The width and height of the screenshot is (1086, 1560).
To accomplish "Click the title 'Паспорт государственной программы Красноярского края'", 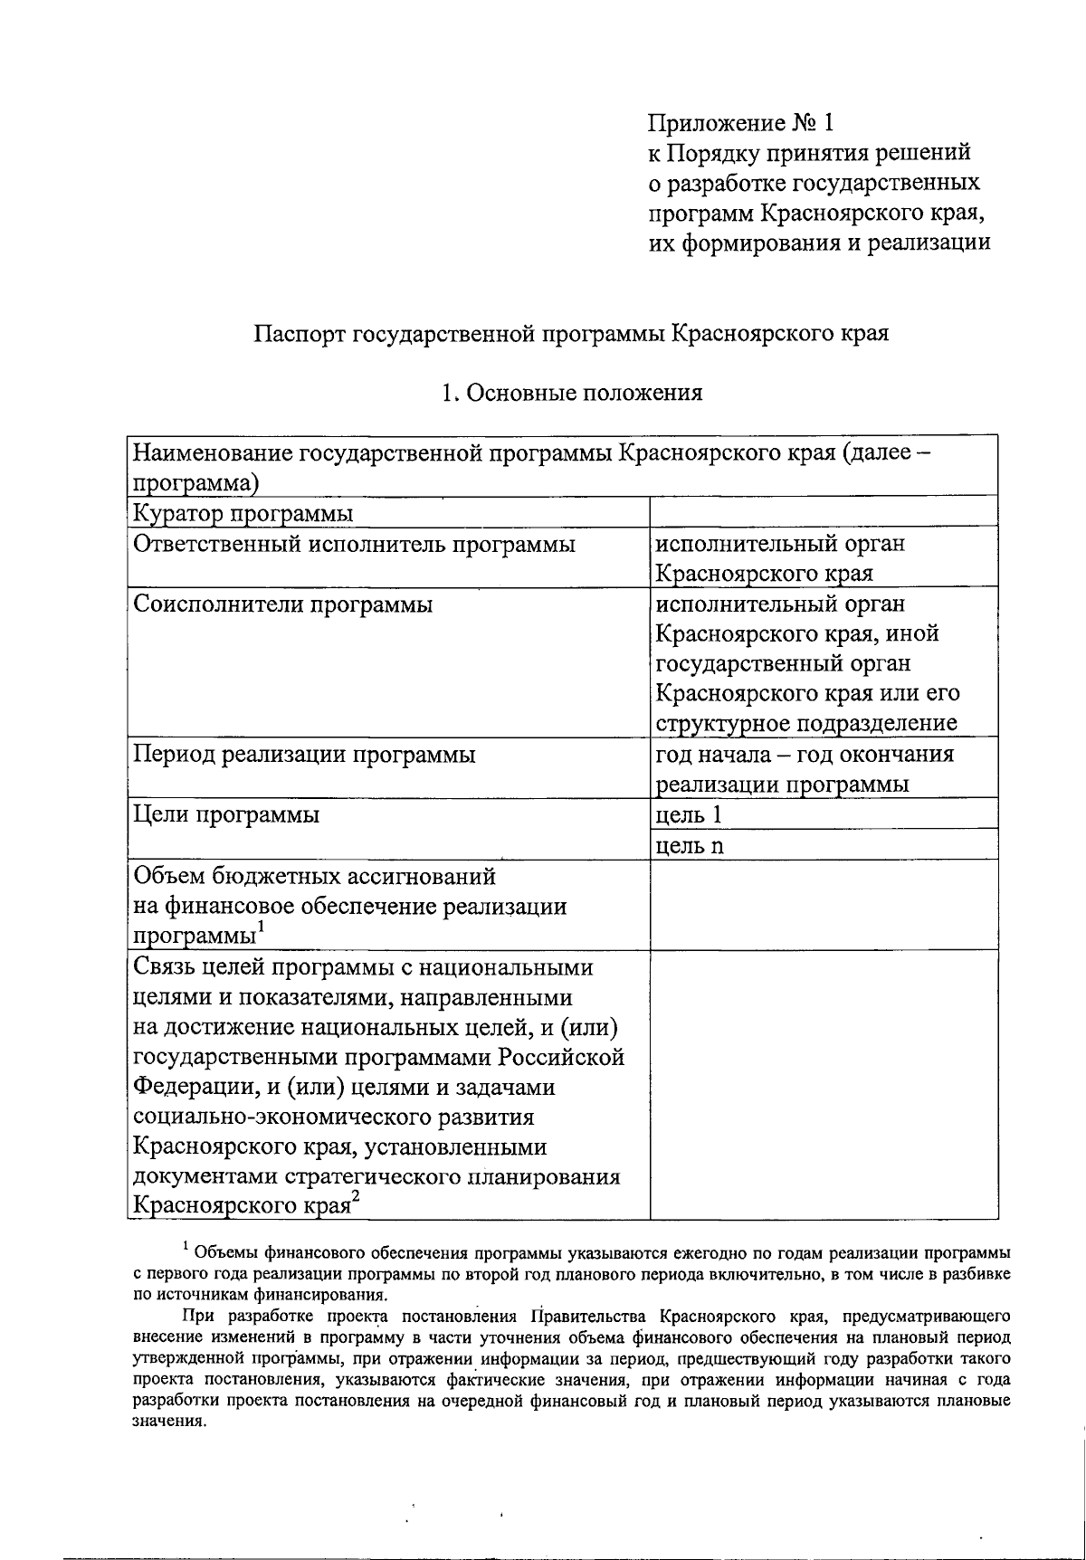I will point(571,333).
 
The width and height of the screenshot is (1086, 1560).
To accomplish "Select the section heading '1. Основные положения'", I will point(571,393).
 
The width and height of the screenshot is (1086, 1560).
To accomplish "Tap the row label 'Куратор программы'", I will point(243,514).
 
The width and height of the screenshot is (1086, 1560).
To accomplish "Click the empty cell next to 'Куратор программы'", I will point(824,512).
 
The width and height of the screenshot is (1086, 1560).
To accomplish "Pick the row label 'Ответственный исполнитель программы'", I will point(354,544).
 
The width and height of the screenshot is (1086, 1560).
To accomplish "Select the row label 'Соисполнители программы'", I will point(282,604).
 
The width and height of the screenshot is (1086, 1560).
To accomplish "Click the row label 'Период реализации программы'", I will point(304,755).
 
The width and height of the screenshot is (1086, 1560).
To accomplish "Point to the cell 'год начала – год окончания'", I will point(804,755).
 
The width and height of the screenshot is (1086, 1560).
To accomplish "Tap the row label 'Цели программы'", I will point(226,814).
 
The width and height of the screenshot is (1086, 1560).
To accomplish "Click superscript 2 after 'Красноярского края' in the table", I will point(356,1196).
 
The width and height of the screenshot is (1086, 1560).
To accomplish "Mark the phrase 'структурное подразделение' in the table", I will point(805,724).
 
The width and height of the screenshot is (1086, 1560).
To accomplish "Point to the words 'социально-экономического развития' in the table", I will point(333,1117).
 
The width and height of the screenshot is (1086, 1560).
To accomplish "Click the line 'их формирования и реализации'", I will point(819,243).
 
